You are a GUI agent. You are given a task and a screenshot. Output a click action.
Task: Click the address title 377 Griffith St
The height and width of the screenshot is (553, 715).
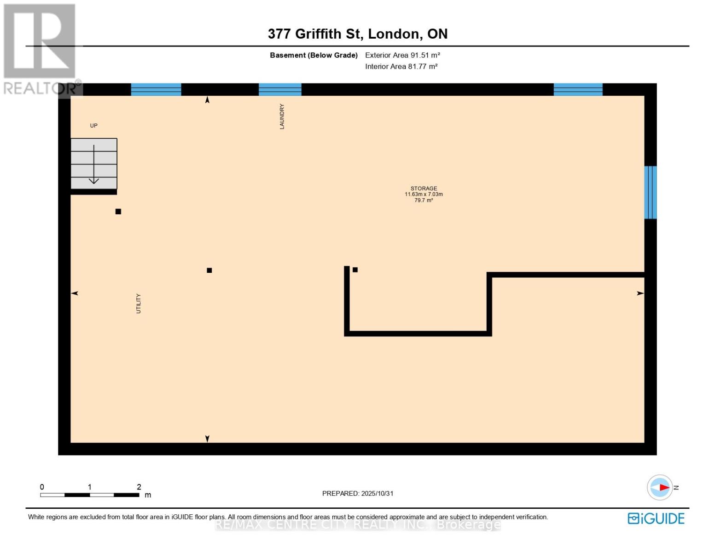tap(357, 34)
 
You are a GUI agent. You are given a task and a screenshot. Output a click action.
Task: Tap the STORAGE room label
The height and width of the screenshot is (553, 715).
tap(424, 188)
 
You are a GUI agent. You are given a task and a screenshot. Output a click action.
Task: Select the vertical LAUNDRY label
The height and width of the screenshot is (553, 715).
tap(282, 116)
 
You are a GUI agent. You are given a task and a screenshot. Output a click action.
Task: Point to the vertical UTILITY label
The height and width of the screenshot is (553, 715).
tap(138, 303)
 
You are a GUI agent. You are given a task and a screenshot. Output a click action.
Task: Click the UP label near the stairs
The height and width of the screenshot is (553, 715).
tap(93, 125)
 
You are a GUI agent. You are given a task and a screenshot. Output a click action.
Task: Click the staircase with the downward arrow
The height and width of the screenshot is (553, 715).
tap(93, 164)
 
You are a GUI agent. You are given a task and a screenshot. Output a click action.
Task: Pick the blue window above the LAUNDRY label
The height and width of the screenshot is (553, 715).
tap(280, 89)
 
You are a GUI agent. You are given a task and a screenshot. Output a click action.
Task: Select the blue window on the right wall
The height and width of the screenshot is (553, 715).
tap(650, 192)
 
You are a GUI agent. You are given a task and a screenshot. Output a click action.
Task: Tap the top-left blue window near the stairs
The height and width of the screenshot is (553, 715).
tap(156, 89)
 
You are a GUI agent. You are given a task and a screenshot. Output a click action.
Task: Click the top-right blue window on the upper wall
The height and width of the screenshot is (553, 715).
tap(578, 89)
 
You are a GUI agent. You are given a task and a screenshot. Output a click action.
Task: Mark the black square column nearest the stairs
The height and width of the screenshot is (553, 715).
tap(118, 212)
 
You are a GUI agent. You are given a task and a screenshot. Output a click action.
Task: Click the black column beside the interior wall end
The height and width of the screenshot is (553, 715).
tap(355, 270)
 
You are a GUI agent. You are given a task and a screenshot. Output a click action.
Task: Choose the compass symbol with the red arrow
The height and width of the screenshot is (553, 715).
tap(660, 487)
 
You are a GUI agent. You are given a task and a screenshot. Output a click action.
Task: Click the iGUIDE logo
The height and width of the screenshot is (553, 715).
tap(656, 518)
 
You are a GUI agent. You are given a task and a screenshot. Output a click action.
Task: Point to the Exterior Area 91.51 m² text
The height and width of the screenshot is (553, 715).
tap(402, 55)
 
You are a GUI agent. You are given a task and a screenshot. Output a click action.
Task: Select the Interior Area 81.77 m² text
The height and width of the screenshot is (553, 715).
tap(401, 66)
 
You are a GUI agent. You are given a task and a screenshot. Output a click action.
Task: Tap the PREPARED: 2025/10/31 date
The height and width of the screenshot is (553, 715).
tap(358, 493)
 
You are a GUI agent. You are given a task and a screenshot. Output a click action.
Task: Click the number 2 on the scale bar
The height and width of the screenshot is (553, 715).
tap(139, 487)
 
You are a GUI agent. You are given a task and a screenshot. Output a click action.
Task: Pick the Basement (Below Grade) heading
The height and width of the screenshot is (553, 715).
tap(314, 55)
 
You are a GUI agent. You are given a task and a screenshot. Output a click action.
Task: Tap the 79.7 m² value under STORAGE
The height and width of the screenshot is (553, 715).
tap(424, 200)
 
